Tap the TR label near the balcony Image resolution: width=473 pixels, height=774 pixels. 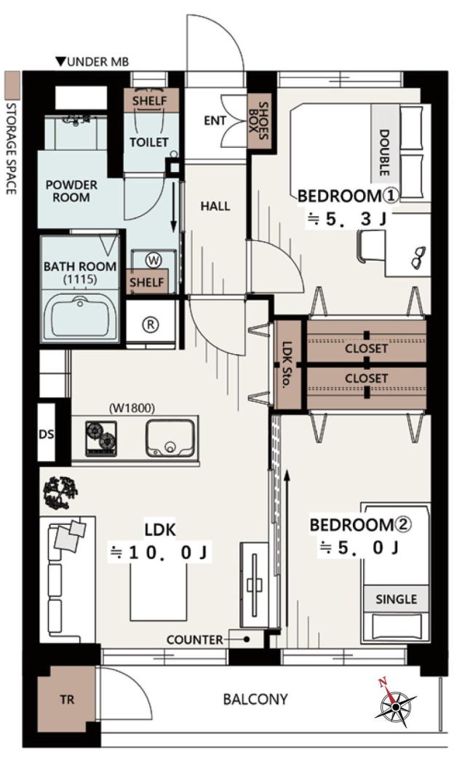(68, 699)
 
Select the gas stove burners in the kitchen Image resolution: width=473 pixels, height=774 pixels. (101, 438)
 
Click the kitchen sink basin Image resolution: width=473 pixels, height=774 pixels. (169, 438)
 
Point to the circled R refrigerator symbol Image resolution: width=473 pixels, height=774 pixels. (151, 324)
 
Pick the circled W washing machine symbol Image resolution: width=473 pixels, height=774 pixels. (154, 260)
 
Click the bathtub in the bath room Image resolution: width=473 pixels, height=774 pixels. (80, 316)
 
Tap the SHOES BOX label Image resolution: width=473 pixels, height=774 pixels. (258, 120)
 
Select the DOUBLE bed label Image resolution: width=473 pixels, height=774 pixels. (383, 152)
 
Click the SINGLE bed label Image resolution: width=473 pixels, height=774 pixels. (396, 599)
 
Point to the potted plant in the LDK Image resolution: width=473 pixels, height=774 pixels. (60, 493)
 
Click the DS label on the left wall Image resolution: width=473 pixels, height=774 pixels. (46, 435)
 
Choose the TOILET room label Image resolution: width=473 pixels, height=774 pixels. (149, 142)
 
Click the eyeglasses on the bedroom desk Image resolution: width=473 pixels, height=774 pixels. (418, 257)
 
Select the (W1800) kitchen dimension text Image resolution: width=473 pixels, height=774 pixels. (132, 408)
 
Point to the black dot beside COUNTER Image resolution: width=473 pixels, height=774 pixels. (247, 639)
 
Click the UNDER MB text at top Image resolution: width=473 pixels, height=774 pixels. (92, 62)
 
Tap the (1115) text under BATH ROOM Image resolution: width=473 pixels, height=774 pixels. (80, 280)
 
